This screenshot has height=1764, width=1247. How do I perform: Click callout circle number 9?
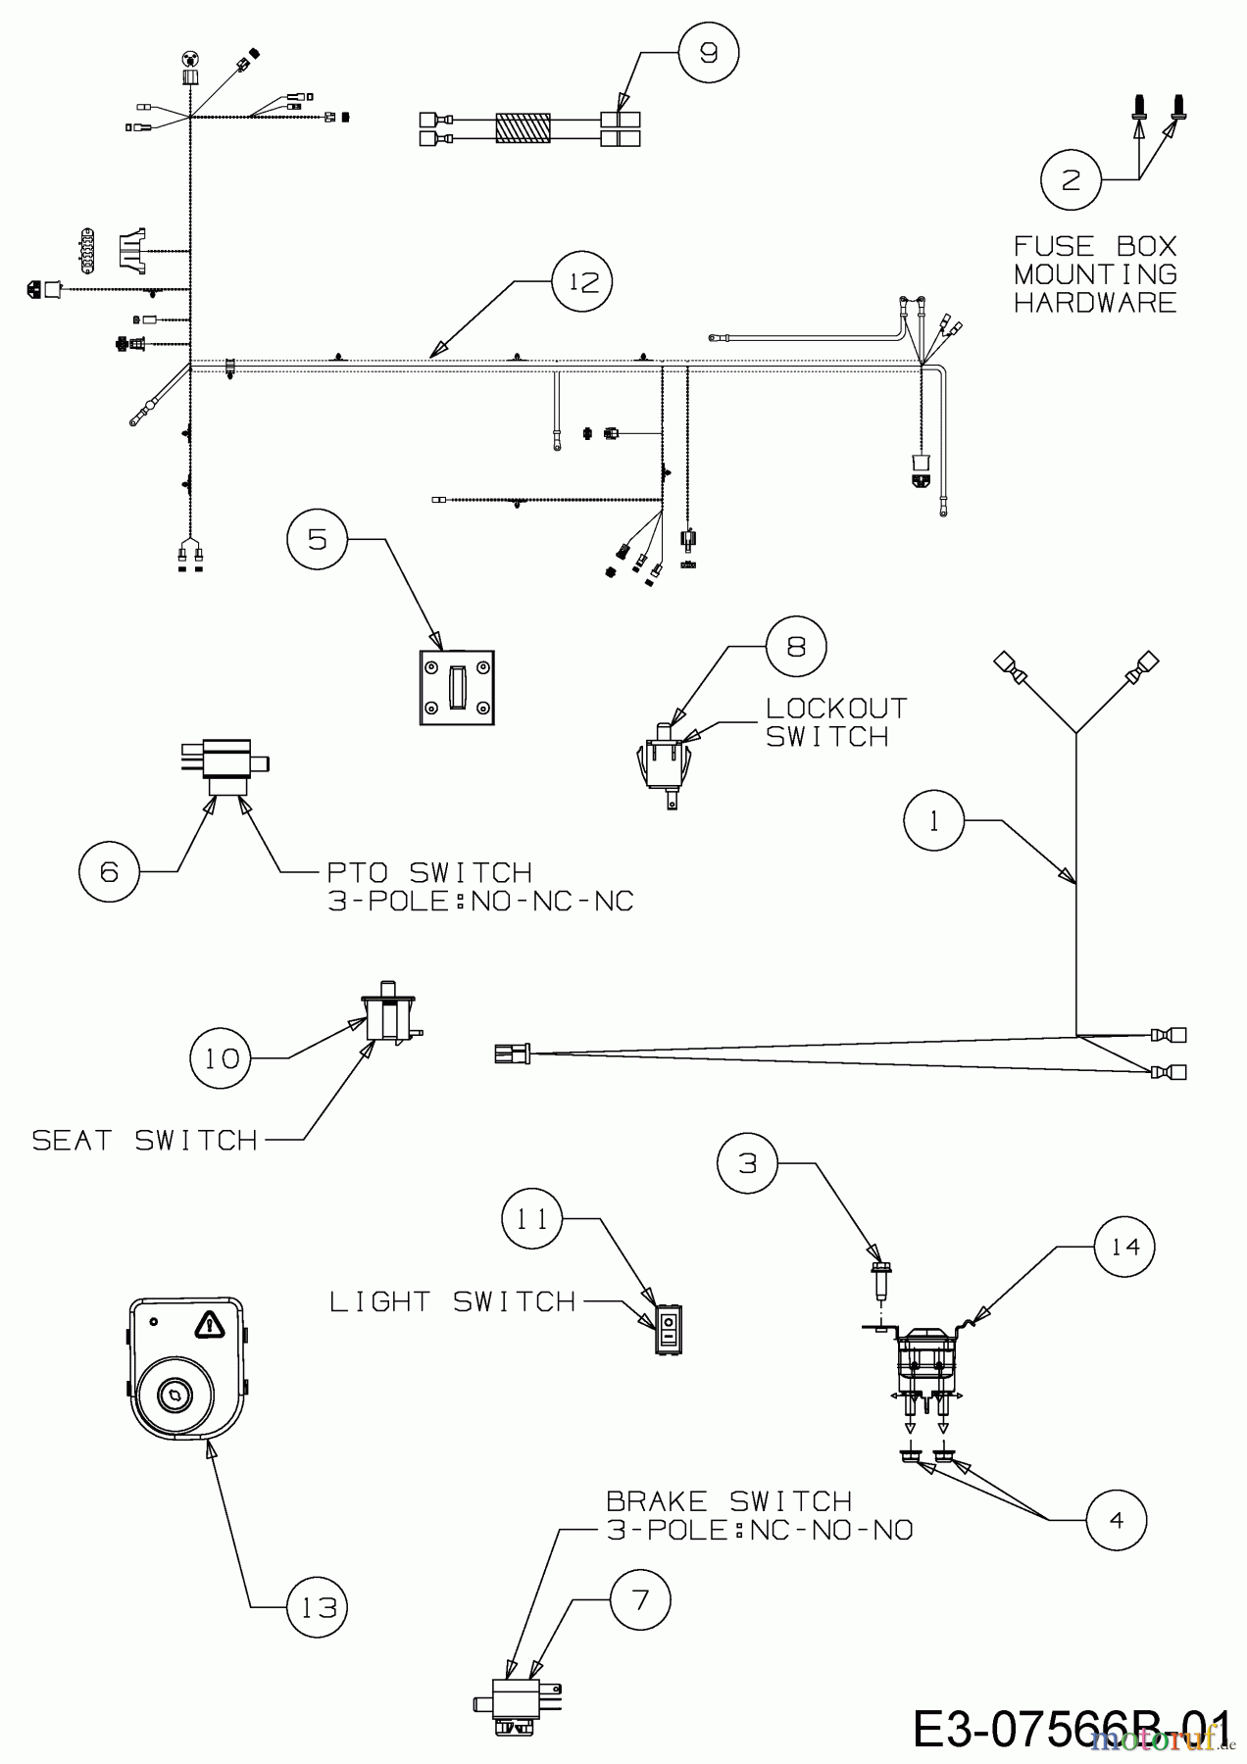pyautogui.click(x=709, y=52)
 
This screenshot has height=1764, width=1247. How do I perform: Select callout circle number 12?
pyautogui.click(x=582, y=282)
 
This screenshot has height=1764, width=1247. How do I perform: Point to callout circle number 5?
pyautogui.click(x=318, y=538)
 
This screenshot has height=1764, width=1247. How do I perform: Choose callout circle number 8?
pyautogui.click(x=796, y=647)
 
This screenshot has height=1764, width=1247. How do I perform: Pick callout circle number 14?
pyautogui.click(x=1125, y=1246)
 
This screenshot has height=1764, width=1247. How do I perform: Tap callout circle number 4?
pyautogui.click(x=1117, y=1520)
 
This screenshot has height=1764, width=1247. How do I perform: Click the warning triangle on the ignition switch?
pyautogui.click(x=208, y=1326)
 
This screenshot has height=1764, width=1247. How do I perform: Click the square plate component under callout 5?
pyautogui.click(x=457, y=688)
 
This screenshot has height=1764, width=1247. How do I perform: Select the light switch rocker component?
pyautogui.click(x=669, y=1329)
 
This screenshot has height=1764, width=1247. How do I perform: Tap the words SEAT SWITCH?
pyautogui.click(x=145, y=1140)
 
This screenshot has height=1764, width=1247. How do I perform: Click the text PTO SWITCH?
pyautogui.click(x=429, y=871)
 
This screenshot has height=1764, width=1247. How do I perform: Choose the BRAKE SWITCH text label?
pyautogui.click(x=728, y=1501)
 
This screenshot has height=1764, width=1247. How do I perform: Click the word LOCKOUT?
pyautogui.click(x=836, y=708)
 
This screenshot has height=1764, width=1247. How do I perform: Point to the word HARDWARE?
pyautogui.click(x=1095, y=302)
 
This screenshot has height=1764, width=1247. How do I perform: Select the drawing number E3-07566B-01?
pyautogui.click(x=1071, y=1730)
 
